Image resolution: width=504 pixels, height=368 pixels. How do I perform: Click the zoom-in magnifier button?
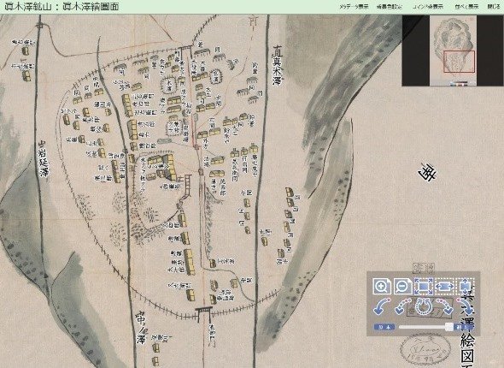pos(382,288)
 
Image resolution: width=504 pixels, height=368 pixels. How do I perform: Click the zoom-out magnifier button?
pos(402,288)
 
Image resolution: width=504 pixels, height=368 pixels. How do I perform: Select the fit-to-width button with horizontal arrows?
pos(444,288)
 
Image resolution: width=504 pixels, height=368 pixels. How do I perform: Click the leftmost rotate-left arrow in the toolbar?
pos(382,307)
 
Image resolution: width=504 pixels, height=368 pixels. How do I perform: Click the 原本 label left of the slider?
pos(383,327)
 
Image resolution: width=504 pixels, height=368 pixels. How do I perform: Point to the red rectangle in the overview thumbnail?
pos(459,62)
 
